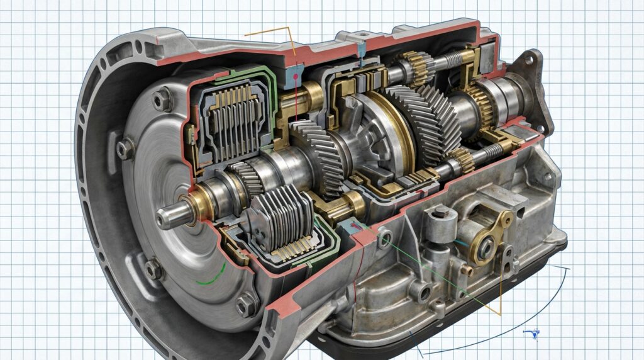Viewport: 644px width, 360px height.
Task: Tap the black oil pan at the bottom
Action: point(440,337)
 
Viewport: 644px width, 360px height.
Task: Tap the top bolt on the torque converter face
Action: point(162,99)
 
